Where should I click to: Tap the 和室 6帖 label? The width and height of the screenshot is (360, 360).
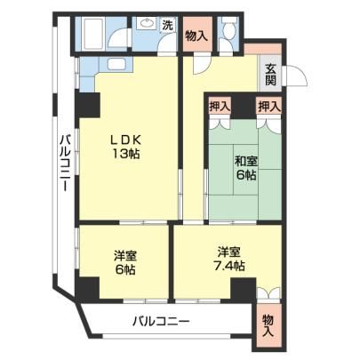[246, 168]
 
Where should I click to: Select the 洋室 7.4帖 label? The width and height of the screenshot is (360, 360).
[228, 259]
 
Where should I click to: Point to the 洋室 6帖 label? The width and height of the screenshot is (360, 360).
[125, 262]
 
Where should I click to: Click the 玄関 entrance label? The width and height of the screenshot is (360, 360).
[270, 75]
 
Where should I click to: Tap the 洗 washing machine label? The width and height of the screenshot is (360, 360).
[167, 25]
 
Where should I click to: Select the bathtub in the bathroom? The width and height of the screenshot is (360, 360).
[92, 34]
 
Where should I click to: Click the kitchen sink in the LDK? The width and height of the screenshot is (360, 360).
[117, 64]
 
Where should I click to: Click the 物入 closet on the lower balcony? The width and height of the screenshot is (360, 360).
[268, 325]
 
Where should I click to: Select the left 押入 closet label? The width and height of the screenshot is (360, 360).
[220, 107]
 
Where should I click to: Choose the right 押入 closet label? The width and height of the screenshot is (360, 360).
[268, 107]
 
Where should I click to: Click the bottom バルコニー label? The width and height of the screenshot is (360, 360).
[161, 321]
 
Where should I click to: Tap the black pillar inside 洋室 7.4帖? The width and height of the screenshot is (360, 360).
[244, 288]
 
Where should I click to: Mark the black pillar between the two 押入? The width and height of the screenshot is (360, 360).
[244, 107]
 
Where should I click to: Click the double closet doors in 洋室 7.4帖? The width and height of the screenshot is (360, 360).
[268, 293]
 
